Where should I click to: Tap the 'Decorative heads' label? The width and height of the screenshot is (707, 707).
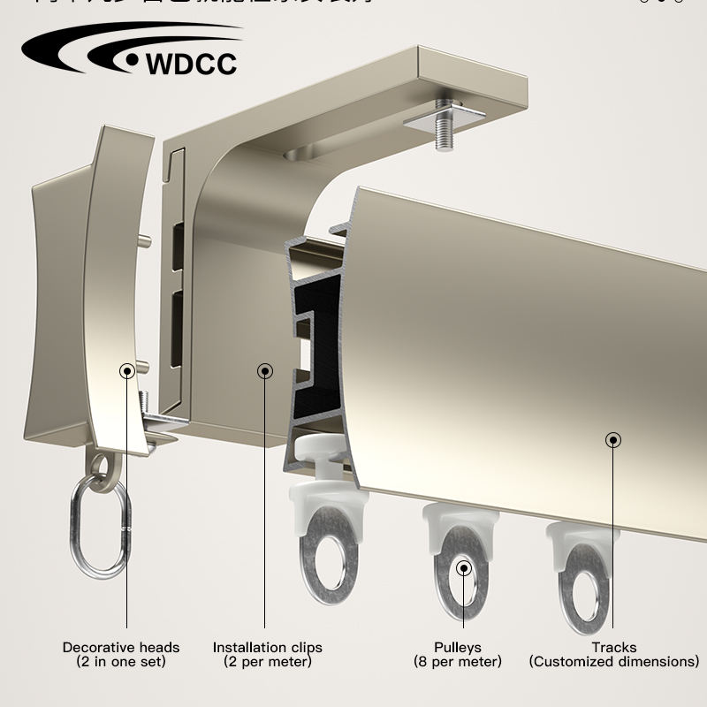(121, 648)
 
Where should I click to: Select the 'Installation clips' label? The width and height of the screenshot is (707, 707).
(267, 648)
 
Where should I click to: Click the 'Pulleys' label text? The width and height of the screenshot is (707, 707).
(457, 648)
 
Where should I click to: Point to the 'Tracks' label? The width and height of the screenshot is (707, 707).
(614, 648)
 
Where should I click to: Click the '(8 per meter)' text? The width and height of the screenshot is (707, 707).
(457, 662)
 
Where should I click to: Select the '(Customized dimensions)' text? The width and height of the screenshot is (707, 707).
(614, 662)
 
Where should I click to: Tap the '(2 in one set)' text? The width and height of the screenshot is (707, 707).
(121, 662)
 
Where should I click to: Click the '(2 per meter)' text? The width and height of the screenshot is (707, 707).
(267, 662)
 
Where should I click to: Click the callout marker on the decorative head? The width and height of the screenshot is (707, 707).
(128, 370)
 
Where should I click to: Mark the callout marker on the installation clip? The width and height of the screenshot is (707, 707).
(265, 371)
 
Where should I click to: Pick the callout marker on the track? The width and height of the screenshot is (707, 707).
(613, 439)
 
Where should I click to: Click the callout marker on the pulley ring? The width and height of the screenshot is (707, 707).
(462, 567)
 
